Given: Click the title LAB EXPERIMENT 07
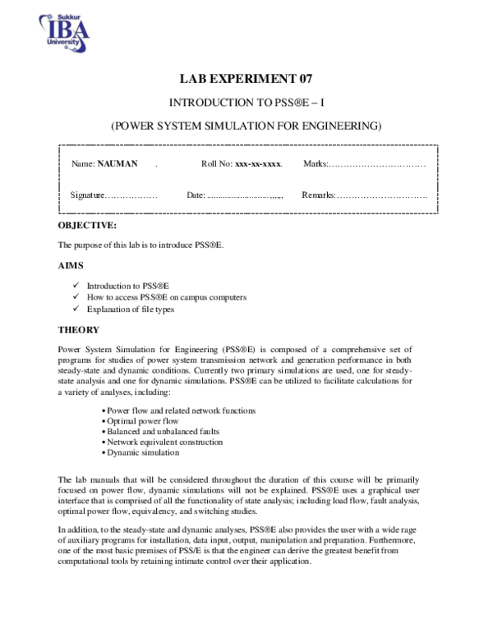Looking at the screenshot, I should pos(246,79).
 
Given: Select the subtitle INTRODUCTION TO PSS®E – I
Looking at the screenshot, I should pos(246,103).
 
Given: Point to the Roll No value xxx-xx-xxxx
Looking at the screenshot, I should pos(258,164).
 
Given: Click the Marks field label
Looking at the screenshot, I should pos(316,164).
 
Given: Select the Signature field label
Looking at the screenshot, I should pos(88,195).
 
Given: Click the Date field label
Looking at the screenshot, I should pos(196,195).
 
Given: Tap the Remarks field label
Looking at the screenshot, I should pos(319,195).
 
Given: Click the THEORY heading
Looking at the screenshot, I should pos(79,329).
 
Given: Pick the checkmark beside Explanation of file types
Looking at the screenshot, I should pos(75,309).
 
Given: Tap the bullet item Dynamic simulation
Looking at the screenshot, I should pos(141,452).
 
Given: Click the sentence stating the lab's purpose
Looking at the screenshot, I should pos(141,245).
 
